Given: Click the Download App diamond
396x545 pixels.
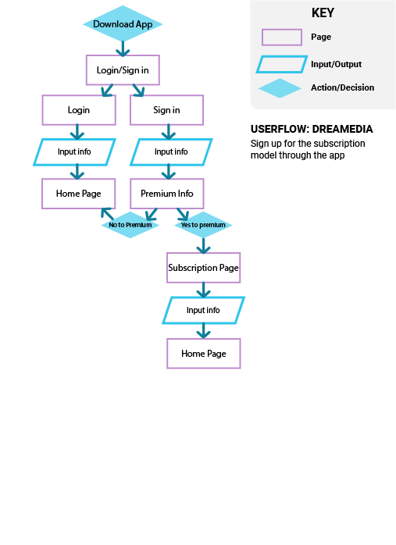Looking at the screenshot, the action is pos(123,23).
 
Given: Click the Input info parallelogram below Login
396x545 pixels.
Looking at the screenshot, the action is pos(74,152).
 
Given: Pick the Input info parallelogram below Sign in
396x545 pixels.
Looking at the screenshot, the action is pos(171,152).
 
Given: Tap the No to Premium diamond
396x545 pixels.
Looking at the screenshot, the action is pos(130,225).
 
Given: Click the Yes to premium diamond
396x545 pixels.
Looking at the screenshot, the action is pos(203,225).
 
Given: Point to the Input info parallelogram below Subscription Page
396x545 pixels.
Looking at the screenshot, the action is pos(203,310).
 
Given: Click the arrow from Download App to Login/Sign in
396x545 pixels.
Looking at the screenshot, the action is pos(123,48).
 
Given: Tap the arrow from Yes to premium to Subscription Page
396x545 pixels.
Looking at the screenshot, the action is pos(203,246).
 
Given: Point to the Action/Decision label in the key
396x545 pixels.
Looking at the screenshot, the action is pos(342,87).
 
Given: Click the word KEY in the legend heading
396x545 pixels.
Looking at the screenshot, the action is pos(323,12).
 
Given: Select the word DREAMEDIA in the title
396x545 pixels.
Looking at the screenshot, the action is pos(342,129).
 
